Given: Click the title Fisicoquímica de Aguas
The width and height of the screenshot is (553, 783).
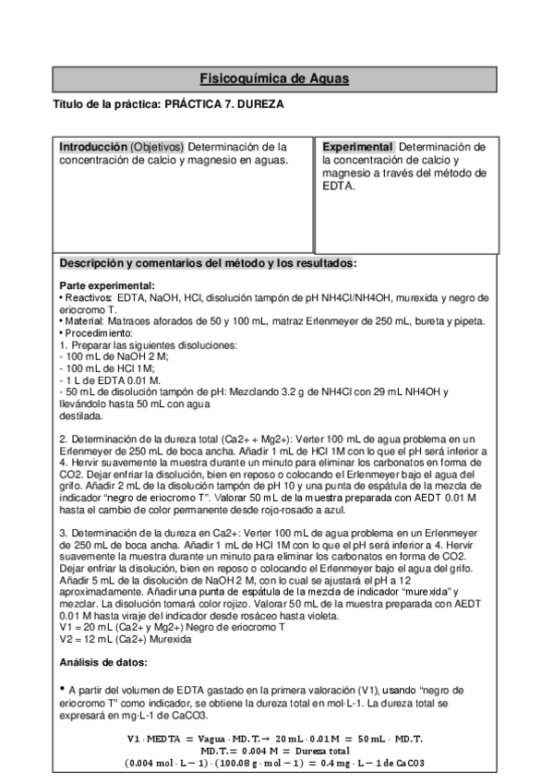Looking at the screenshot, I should (x=274, y=78).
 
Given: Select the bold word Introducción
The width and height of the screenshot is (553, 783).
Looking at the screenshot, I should (x=92, y=147).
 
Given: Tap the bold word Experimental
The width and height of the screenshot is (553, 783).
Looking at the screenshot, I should (x=357, y=147).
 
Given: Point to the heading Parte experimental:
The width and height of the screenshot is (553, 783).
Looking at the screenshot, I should (x=107, y=285).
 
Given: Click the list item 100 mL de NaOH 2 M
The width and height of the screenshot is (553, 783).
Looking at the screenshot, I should (x=110, y=355).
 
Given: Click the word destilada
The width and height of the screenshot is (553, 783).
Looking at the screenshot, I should (x=81, y=416).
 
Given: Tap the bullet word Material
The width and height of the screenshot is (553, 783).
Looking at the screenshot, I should (x=86, y=320).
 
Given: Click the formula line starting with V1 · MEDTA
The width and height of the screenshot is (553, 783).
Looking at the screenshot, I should (x=274, y=737).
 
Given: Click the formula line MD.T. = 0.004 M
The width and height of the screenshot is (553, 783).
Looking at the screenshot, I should (x=274, y=750).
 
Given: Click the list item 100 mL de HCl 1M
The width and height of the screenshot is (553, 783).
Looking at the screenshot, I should (x=102, y=367).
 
